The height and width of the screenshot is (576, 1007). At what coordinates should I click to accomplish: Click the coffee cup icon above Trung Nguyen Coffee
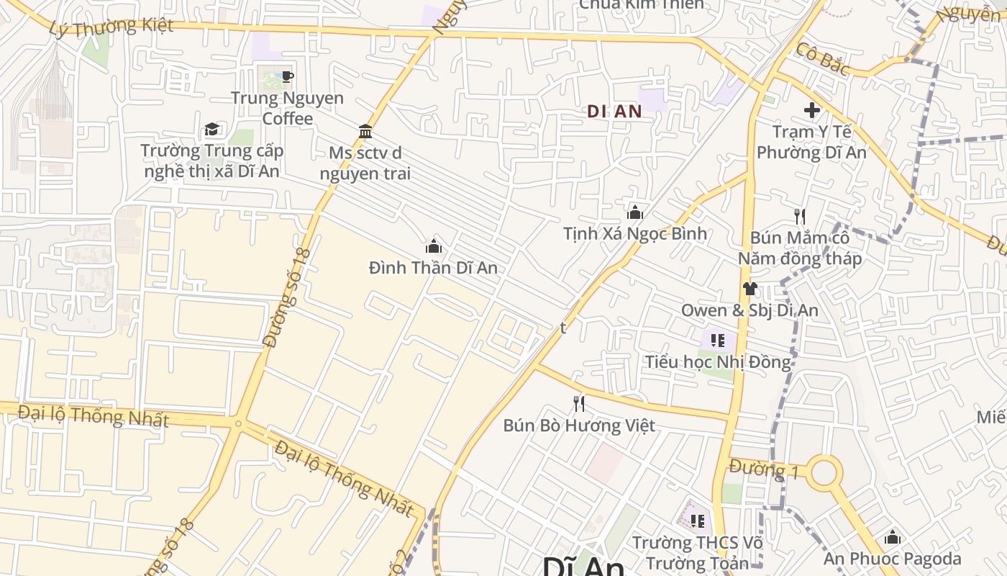pyautogui.click(x=287, y=76)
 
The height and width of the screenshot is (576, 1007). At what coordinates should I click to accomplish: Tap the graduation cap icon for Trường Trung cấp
pyautogui.click(x=211, y=129)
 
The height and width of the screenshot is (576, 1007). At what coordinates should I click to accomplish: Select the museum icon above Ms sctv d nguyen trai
pyautogui.click(x=365, y=132)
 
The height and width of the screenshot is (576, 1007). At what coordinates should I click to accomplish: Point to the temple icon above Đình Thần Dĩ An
pyautogui.click(x=433, y=247)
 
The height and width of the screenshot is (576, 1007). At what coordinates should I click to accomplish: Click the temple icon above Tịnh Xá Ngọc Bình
pyautogui.click(x=634, y=212)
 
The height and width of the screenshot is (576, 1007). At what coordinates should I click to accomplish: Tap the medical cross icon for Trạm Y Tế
pyautogui.click(x=812, y=110)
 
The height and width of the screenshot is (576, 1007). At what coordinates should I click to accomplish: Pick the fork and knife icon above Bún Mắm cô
pyautogui.click(x=800, y=216)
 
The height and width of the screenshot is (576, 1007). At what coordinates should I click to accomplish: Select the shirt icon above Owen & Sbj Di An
pyautogui.click(x=749, y=289)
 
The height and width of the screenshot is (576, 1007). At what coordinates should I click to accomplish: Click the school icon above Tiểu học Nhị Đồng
pyautogui.click(x=717, y=341)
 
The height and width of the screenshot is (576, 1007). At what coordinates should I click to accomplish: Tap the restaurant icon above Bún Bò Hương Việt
pyautogui.click(x=578, y=404)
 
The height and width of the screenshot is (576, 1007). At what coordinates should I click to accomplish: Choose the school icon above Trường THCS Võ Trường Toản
pyautogui.click(x=697, y=521)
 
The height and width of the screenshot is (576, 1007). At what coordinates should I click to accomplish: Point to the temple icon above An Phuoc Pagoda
pyautogui.click(x=893, y=537)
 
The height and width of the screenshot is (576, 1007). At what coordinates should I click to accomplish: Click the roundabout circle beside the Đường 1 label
pyautogui.click(x=824, y=473)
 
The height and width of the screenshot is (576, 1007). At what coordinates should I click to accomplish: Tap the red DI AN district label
pyautogui.click(x=614, y=112)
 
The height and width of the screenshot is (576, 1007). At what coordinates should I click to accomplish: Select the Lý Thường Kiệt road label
pyautogui.click(x=111, y=27)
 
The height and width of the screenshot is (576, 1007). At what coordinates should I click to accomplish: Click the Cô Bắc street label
pyautogui.click(x=823, y=59)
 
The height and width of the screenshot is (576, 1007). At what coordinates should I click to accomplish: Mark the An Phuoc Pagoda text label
pyautogui.click(x=892, y=559)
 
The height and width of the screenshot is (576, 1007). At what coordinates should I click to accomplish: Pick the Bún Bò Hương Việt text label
pyautogui.click(x=579, y=426)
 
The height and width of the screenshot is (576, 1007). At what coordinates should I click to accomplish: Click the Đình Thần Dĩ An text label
pyautogui.click(x=433, y=268)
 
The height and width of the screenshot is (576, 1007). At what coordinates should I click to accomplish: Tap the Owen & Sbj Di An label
pyautogui.click(x=749, y=310)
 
